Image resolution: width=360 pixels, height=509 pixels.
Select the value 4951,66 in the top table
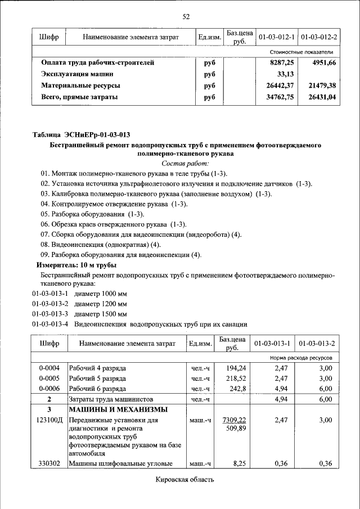(x=324, y=63)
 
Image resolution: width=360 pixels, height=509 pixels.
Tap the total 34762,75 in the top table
(x=280, y=97)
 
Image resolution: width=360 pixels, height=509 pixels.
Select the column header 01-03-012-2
(x=319, y=37)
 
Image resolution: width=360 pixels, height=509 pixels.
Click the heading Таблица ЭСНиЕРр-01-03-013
(x=82, y=135)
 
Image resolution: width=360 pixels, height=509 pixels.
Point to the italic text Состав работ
(x=185, y=163)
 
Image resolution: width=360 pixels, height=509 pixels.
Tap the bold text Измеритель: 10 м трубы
(x=76, y=264)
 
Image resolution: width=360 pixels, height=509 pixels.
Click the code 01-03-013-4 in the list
(x=49, y=325)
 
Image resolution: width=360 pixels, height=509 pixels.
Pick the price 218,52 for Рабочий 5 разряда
(x=237, y=379)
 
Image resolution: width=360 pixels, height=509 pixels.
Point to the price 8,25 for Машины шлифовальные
(x=239, y=464)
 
